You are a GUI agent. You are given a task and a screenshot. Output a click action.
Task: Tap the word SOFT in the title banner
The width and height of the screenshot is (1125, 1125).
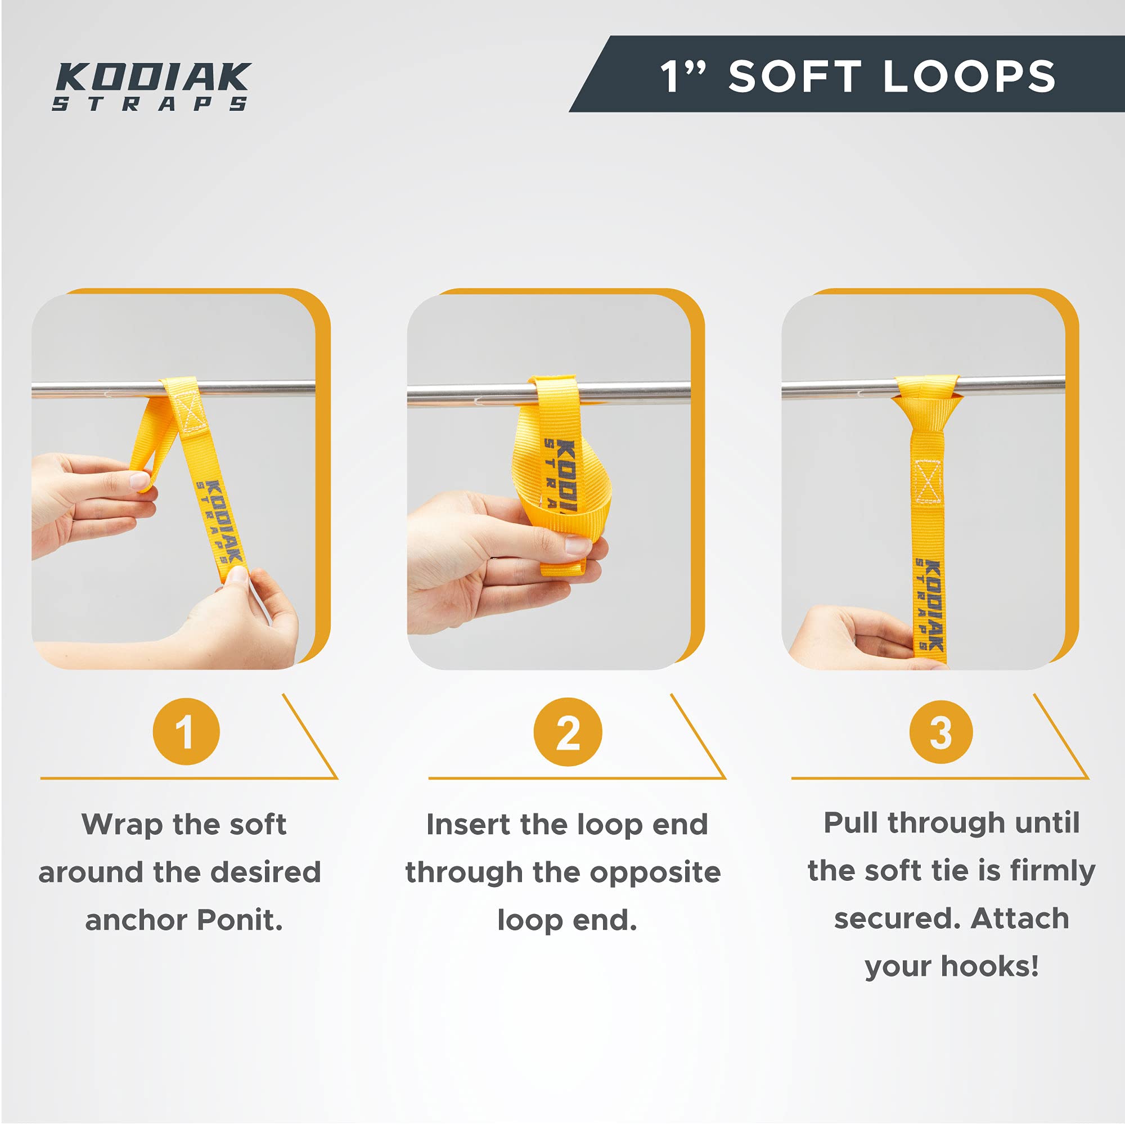(795, 76)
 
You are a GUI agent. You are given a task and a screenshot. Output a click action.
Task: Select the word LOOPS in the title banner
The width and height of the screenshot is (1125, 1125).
(970, 76)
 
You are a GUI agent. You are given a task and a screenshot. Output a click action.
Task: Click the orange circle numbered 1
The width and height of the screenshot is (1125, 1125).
(186, 731)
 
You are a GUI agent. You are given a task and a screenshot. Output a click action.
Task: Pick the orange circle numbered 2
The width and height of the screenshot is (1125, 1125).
(568, 731)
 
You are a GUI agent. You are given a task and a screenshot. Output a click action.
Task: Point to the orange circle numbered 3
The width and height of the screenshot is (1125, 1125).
(941, 732)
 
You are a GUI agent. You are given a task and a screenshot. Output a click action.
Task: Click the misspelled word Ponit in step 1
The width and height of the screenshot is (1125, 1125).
(240, 921)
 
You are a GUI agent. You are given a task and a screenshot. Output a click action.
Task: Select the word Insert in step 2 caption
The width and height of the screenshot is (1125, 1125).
(467, 825)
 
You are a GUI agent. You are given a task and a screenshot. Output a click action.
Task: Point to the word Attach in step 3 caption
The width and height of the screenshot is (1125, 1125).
(1020, 919)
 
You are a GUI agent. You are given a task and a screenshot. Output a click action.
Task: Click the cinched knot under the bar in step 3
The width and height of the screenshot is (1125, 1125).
(926, 413)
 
